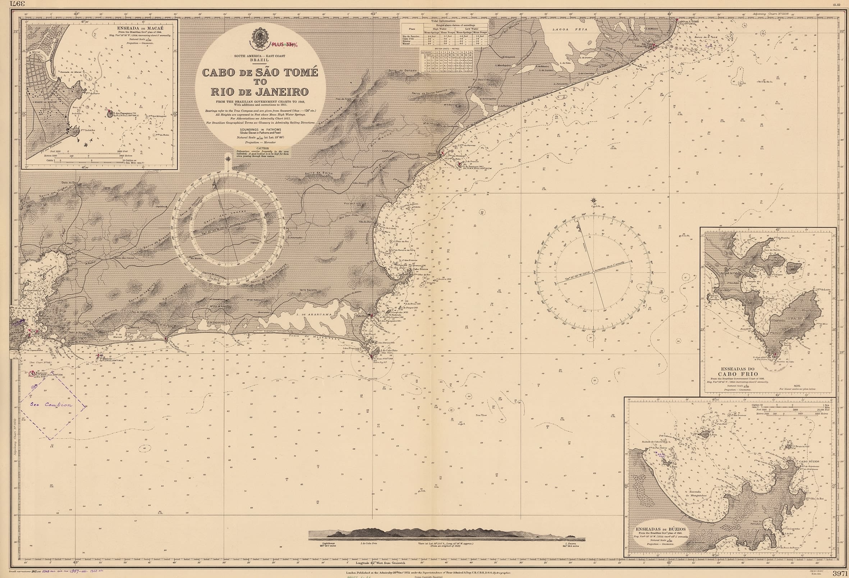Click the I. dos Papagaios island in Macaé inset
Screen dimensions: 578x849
point(110,114)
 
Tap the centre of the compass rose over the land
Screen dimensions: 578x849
point(228,227)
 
